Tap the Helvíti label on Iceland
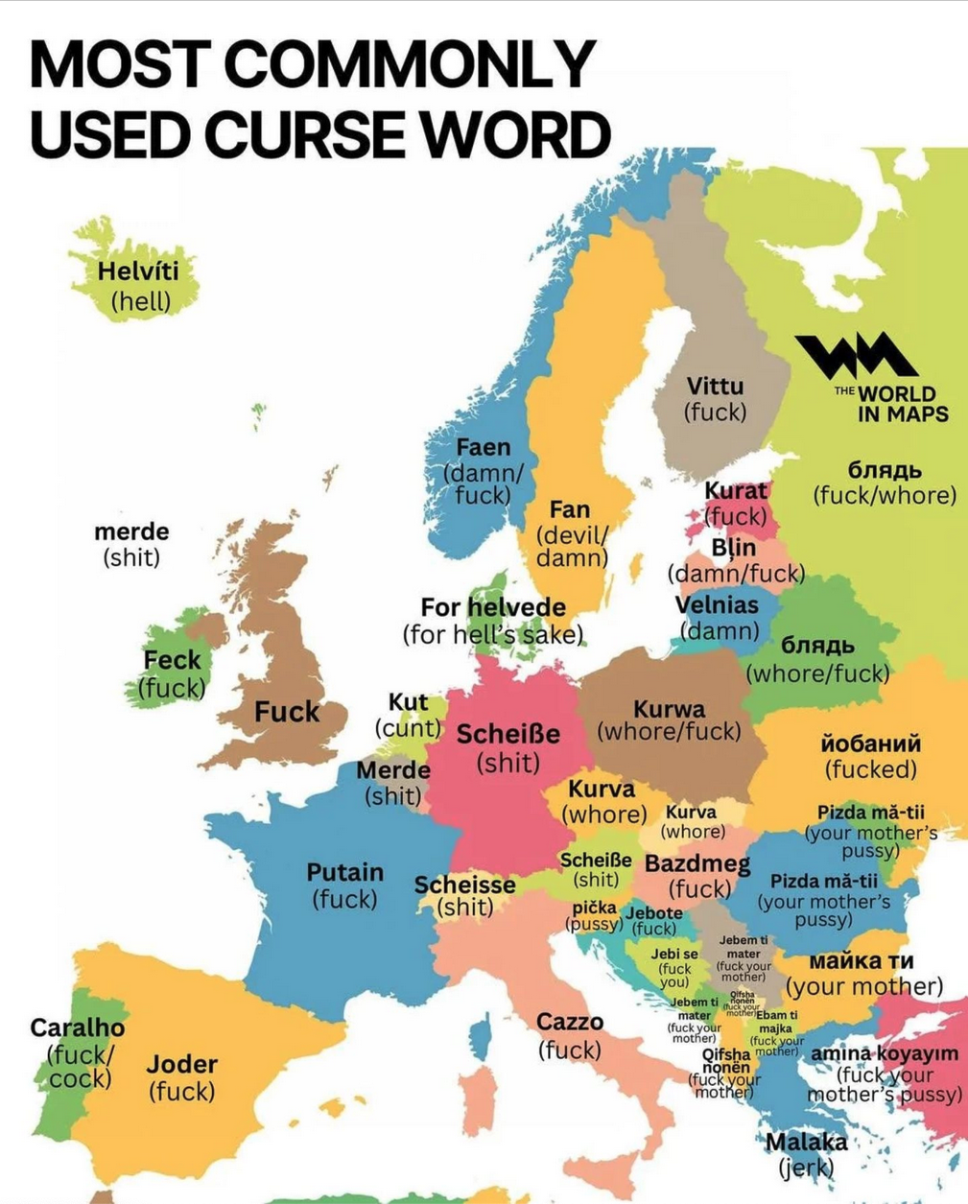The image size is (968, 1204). pyautogui.click(x=138, y=271)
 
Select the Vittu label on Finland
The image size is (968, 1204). pyautogui.click(x=715, y=386)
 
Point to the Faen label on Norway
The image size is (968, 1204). pyautogui.click(x=483, y=447)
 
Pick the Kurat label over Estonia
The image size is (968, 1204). pyautogui.click(x=736, y=490)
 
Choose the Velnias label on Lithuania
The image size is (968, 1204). pyautogui.click(x=717, y=605)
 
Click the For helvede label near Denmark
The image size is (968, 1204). pyautogui.click(x=493, y=607)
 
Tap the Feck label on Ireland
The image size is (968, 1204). pyautogui.click(x=172, y=660)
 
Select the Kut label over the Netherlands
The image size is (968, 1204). pyautogui.click(x=408, y=702)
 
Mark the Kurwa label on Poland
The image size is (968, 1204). pyautogui.click(x=669, y=709)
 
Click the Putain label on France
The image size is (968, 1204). pyautogui.click(x=344, y=872)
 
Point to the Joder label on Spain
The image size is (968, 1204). pyautogui.click(x=181, y=1064)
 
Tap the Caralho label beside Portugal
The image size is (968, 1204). pyautogui.click(x=78, y=1027)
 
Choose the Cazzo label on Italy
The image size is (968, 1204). pyautogui.click(x=570, y=1022)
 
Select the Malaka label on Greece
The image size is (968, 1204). pyautogui.click(x=806, y=1142)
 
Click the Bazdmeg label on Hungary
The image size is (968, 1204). pyautogui.click(x=697, y=863)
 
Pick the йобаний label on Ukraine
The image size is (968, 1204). pyautogui.click(x=871, y=744)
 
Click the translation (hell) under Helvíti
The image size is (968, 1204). pyautogui.click(x=141, y=301)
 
